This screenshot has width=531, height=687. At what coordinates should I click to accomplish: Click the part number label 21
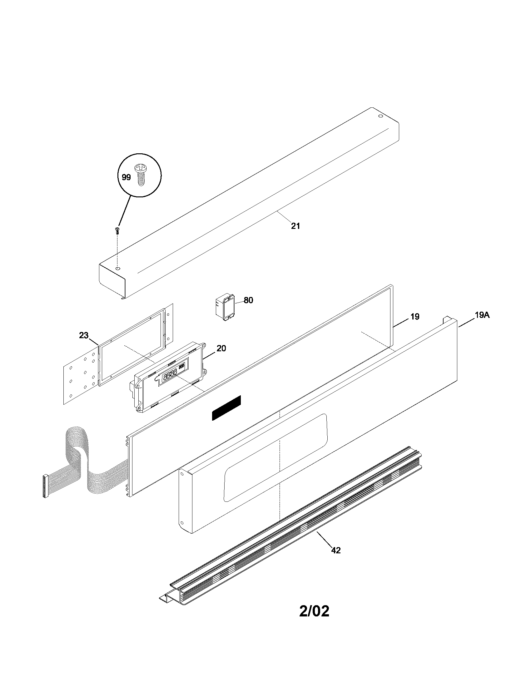coord(295,226)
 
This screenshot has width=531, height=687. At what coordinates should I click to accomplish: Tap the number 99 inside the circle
coord(126,177)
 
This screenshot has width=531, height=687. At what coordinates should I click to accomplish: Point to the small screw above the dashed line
coord(117,231)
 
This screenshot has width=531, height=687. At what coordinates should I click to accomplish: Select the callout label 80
coord(248,300)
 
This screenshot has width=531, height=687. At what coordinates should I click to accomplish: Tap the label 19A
coord(482,315)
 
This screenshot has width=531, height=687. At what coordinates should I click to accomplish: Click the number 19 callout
coord(415,317)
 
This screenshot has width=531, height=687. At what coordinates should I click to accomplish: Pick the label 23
coord(84,335)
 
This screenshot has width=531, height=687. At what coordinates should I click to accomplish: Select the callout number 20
coord(221,348)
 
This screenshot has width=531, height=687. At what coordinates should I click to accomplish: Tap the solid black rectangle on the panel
coord(226,408)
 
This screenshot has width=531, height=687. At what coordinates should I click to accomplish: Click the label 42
coord(336,550)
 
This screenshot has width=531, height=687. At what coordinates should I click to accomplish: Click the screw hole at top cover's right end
coord(380,116)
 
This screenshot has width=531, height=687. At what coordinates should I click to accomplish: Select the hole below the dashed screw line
coord(117,269)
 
